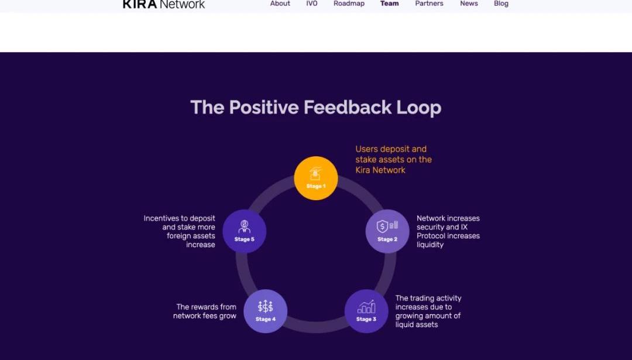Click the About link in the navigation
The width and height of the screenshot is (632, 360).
(x=280, y=4)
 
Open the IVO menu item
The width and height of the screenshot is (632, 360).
(x=311, y=4)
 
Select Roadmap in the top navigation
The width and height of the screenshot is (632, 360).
(x=349, y=4)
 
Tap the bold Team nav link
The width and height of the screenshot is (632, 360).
(x=389, y=4)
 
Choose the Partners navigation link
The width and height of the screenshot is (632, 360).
(x=430, y=4)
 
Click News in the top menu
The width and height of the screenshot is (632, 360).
(x=469, y=4)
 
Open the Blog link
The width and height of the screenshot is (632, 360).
(x=501, y=4)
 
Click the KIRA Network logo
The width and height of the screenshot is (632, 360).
(x=164, y=5)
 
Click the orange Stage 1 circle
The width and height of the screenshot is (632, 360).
(x=315, y=178)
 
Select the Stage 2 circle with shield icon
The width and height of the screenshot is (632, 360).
(x=387, y=231)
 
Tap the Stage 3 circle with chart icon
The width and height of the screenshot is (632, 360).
(x=366, y=311)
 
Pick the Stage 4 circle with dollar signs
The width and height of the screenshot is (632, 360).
(x=266, y=311)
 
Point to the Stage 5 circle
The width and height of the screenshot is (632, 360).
(x=244, y=231)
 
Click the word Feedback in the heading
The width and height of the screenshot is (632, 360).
(x=348, y=108)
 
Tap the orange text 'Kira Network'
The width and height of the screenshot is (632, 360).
(x=380, y=170)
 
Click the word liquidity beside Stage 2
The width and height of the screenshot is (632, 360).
(x=430, y=245)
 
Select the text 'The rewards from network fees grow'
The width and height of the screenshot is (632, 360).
(x=205, y=311)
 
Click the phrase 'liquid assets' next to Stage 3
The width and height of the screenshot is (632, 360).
(x=417, y=324)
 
